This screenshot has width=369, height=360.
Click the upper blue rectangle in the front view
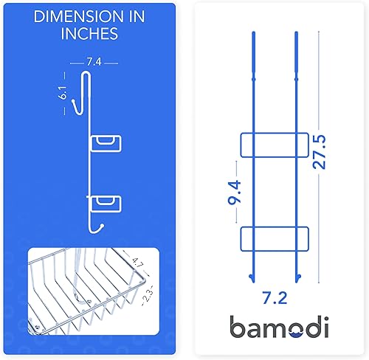pos(274,145)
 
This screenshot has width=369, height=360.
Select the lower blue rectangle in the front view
pos(274,238)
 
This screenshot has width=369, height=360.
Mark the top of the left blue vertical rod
pos(252,34)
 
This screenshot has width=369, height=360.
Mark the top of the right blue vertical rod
pos(295,34)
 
